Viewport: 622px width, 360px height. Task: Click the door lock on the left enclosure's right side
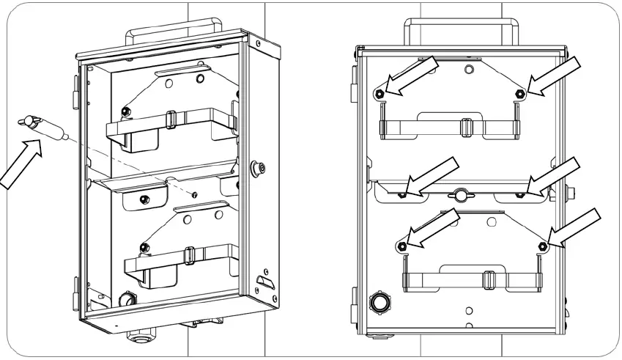(258, 167)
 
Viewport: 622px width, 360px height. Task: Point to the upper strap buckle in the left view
(170, 119)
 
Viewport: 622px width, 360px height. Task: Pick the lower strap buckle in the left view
(189, 256)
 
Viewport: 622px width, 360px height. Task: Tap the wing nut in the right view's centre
(460, 195)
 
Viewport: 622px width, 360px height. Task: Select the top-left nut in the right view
(380, 93)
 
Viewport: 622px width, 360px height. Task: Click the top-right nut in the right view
(519, 93)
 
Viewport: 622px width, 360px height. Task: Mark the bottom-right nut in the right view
(543, 245)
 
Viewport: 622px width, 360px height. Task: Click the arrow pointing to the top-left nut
(412, 76)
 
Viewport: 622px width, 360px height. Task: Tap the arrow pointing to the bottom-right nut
(575, 227)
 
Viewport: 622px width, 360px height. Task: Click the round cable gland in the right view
(380, 302)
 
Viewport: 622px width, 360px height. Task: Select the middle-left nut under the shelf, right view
(402, 195)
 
